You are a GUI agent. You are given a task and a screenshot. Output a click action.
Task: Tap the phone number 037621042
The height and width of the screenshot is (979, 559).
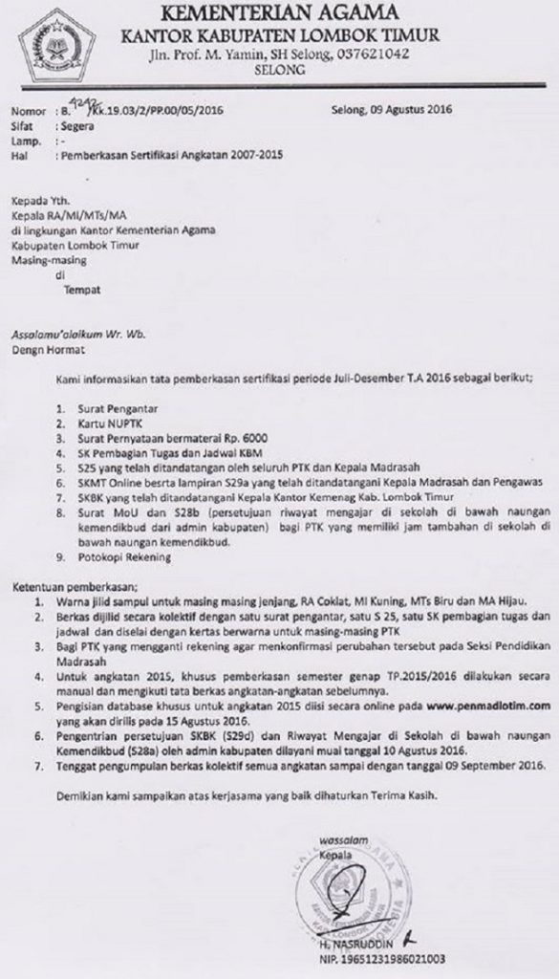coord(375,55)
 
